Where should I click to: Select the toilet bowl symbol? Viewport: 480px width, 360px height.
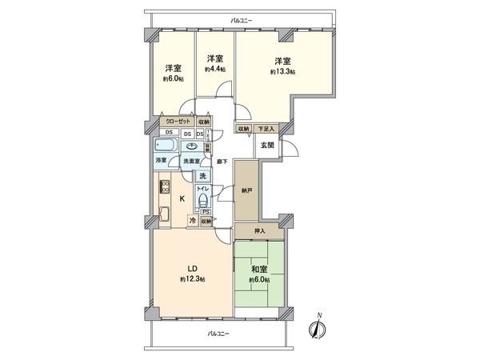tap(205, 199)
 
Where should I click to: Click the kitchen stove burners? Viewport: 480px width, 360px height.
tap(165, 188)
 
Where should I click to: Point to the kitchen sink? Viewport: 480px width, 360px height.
tap(165, 214)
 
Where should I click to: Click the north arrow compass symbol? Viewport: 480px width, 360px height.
tap(318, 329)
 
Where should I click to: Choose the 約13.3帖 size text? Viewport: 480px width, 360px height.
tap(283, 72)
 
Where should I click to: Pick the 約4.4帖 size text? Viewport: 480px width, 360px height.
tap(214, 70)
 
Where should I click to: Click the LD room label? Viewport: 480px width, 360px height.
tap(193, 267)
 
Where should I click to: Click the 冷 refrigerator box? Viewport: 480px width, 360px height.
tap(192, 220)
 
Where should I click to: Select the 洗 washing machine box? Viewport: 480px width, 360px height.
tap(203, 176)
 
